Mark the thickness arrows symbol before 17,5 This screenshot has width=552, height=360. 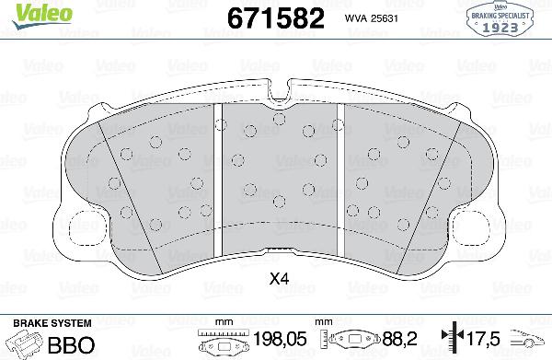click(449, 338)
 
